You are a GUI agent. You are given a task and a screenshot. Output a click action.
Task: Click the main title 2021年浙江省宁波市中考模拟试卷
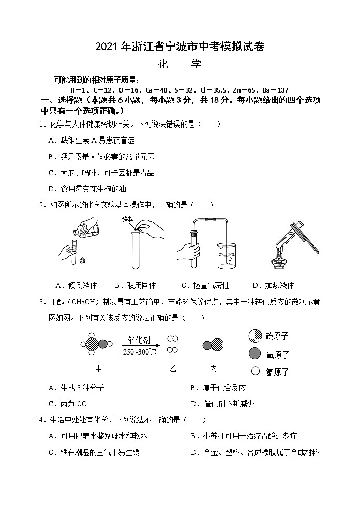coord(179,47)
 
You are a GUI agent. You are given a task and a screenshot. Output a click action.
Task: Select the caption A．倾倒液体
coord(76,285)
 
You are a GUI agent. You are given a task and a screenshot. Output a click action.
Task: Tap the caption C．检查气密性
coord(205,285)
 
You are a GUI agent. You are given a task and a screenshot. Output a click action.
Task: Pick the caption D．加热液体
coord(273,285)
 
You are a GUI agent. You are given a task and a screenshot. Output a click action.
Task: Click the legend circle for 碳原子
coord(254,336)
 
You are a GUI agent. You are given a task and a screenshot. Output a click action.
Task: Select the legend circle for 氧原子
coord(254,353)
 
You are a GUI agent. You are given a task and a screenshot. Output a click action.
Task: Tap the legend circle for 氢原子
coord(254,371)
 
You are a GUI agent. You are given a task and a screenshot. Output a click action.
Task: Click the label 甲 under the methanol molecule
coord(98,368)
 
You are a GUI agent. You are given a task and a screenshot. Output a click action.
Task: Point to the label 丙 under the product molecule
coord(213,368)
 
